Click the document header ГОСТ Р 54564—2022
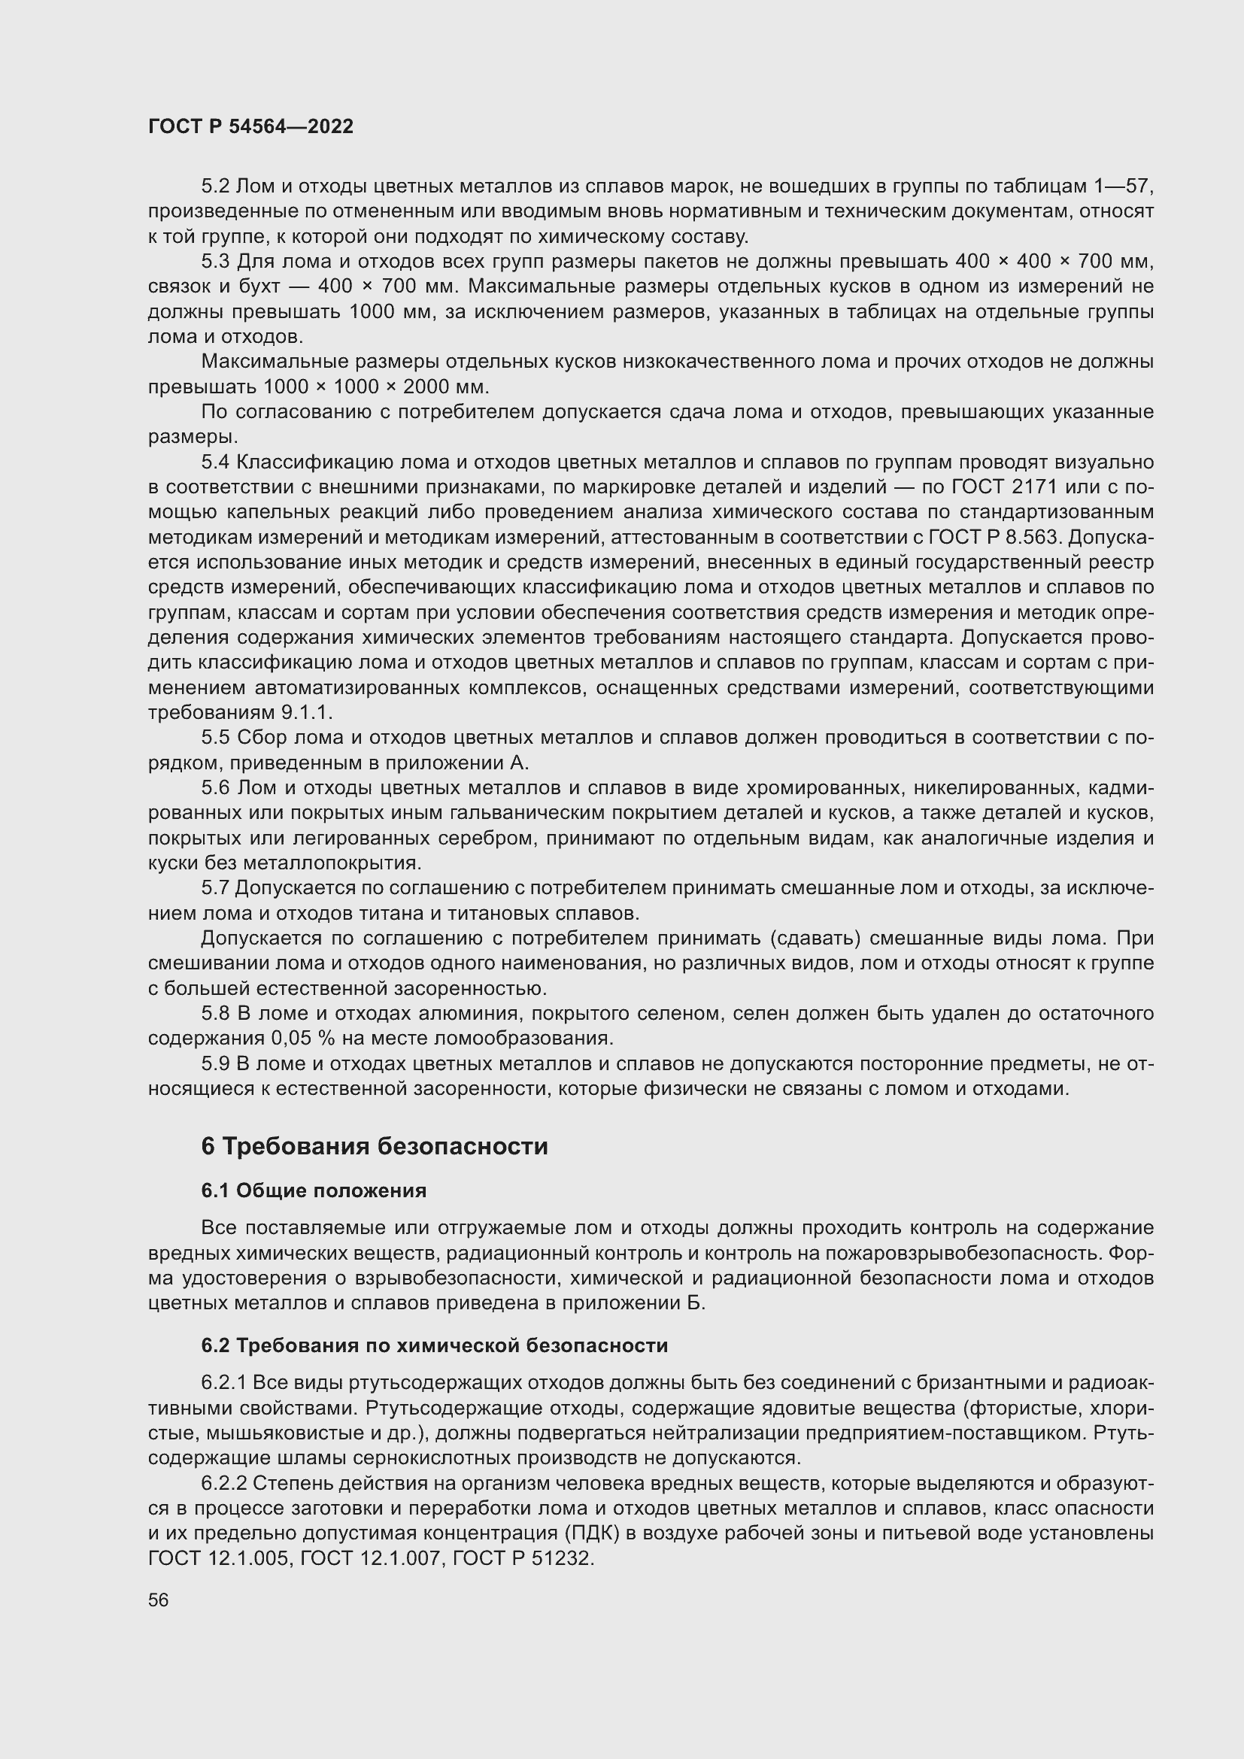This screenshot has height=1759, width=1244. coord(250,126)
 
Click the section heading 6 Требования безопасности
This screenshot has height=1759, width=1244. coord(375,1147)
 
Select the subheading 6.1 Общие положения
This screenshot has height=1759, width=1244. coord(314,1190)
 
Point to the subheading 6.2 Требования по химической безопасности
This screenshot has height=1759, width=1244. coord(434,1345)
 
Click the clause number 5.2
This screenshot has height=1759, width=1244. coord(215,187)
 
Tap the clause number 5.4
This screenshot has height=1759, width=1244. coord(215,462)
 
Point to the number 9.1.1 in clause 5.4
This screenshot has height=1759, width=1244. coord(305,712)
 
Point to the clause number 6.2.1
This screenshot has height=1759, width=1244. coord(223,1383)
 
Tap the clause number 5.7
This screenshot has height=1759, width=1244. coord(215,889)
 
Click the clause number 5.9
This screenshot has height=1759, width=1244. coord(215,1063)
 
